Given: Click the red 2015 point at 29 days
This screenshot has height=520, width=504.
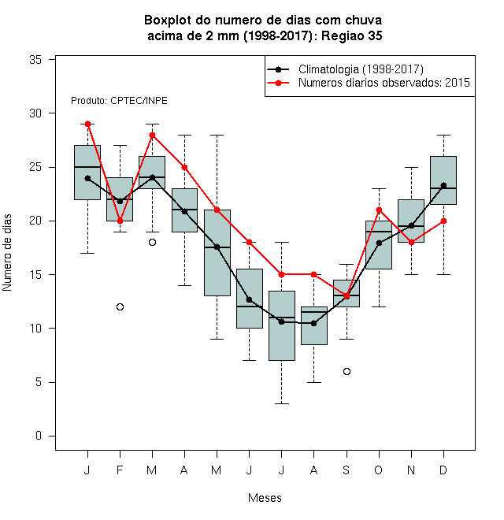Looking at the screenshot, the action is click(x=88, y=124).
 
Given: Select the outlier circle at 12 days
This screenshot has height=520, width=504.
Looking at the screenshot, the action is click(x=120, y=306).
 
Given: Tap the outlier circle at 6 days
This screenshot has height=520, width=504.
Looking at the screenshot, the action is click(x=346, y=371).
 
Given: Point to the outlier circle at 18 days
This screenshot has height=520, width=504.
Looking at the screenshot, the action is click(x=152, y=243).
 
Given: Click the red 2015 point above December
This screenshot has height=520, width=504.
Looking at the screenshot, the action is click(x=443, y=221).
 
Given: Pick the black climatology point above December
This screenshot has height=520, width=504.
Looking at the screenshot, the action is click(x=443, y=185).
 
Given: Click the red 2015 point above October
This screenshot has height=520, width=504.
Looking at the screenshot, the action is click(x=379, y=210).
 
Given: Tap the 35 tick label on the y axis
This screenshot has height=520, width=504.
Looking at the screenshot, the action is click(x=35, y=60).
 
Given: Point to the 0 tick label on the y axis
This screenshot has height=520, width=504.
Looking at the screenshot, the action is click(x=39, y=436).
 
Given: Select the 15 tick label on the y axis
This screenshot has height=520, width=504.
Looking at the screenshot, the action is click(x=35, y=275).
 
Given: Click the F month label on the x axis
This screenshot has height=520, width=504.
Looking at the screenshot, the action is click(x=120, y=470).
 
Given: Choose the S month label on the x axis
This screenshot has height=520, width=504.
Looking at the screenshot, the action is click(x=346, y=470).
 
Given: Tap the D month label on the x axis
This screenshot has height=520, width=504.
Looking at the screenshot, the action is click(x=443, y=470).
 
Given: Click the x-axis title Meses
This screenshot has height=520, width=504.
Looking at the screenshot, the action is click(x=265, y=498).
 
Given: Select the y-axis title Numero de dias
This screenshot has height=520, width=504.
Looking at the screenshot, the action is click(x=7, y=253).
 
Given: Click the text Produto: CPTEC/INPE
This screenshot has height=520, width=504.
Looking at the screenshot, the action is click(x=119, y=101).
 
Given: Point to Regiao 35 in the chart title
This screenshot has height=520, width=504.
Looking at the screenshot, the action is click(x=352, y=35).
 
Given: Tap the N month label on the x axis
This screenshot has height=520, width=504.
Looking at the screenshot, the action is click(x=411, y=470).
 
